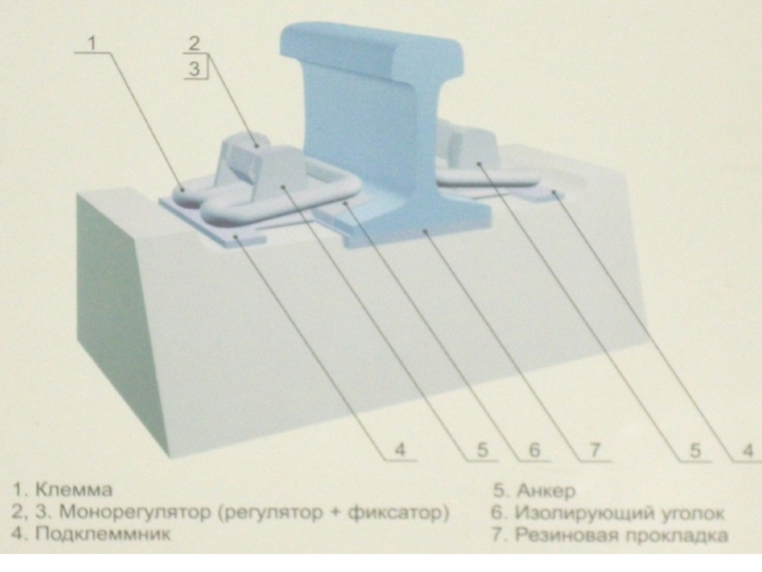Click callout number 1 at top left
pos(91,43)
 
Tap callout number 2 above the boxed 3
pos(194,43)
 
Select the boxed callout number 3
pos(194,69)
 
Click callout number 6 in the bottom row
pos(534,450)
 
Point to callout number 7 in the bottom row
pos(594,450)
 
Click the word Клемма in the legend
pos(74,489)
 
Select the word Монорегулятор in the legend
pos(135,512)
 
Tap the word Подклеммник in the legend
pos(103,534)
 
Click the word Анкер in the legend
pos(546,491)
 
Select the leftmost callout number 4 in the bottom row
pos(399,450)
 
